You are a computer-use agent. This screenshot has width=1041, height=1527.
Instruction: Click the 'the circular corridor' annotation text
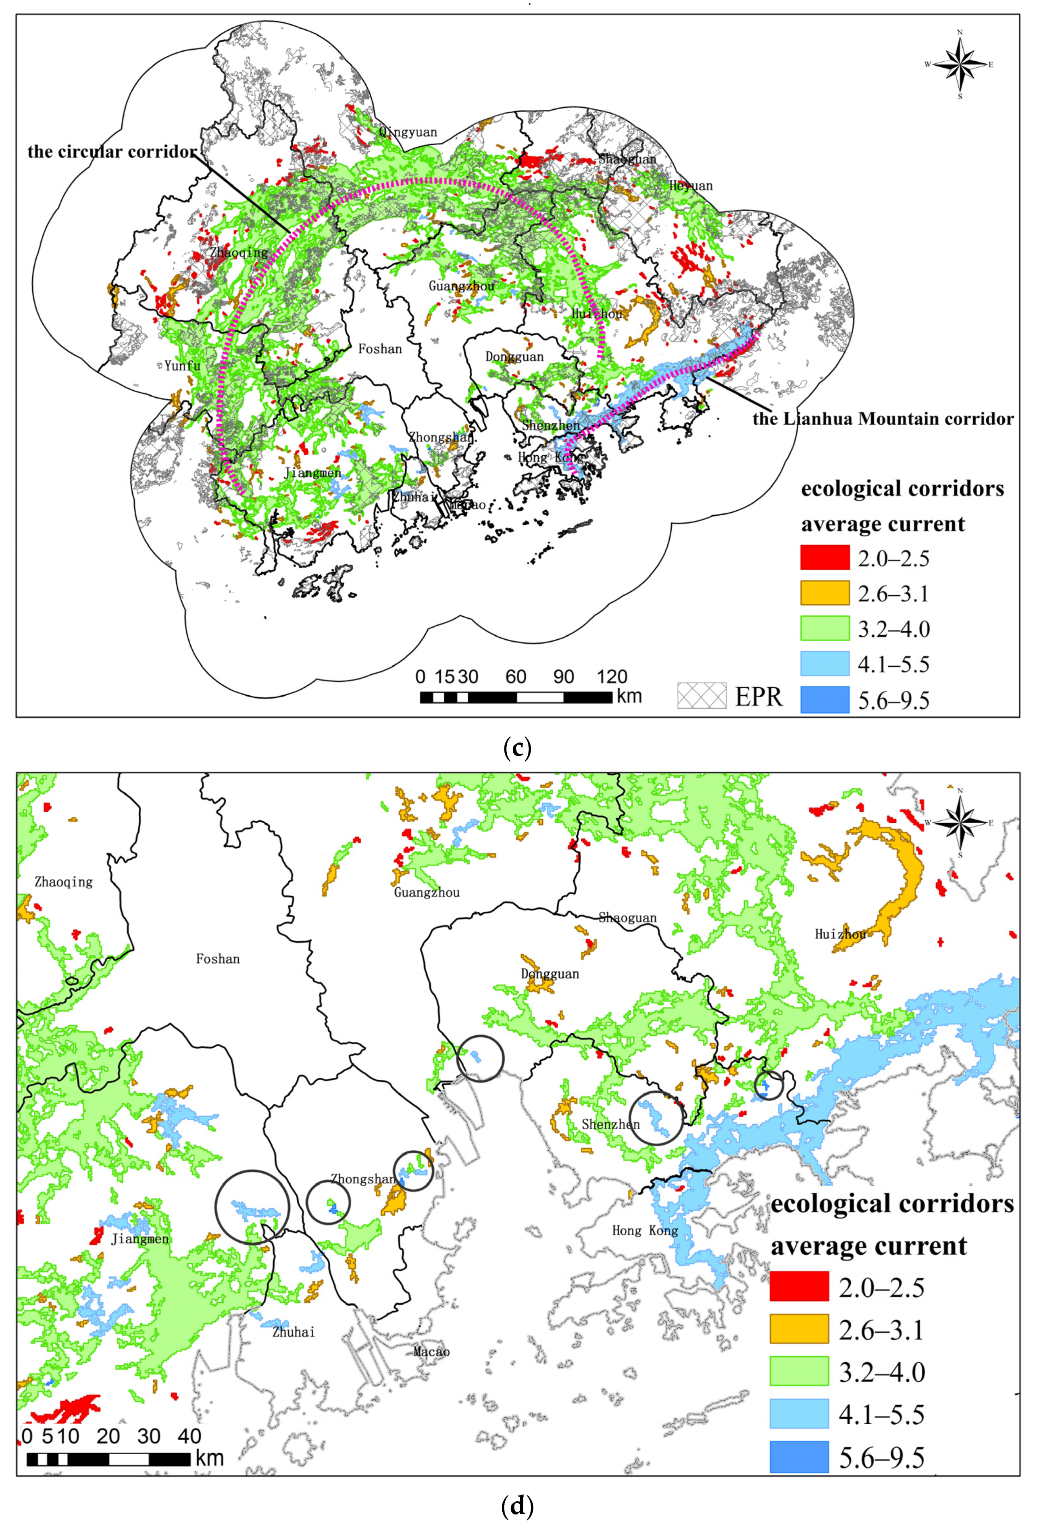(112, 152)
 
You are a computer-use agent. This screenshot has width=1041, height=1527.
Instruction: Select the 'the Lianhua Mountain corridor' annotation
(883, 419)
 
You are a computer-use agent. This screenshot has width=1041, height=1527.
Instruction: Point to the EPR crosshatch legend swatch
(702, 696)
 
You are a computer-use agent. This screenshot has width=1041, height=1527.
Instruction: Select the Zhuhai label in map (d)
(293, 1332)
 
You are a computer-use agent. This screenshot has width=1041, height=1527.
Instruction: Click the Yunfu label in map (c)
(182, 365)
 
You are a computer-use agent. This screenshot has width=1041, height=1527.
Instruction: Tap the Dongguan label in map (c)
(514, 357)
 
